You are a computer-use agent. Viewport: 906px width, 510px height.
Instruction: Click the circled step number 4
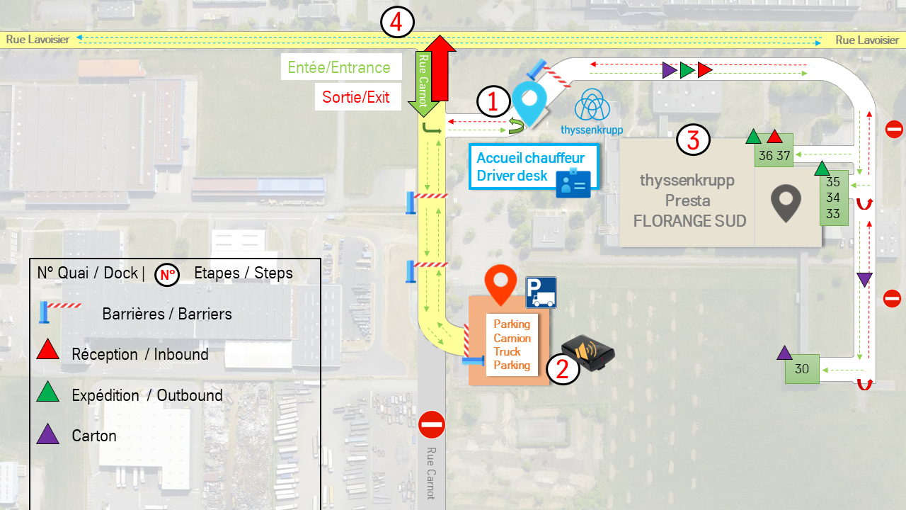tap(397, 22)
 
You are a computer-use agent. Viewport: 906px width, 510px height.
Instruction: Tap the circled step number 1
tap(493, 101)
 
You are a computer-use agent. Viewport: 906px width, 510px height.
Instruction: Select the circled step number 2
tap(563, 369)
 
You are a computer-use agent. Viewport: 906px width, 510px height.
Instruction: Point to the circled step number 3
tap(693, 140)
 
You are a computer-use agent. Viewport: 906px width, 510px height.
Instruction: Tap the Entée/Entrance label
tap(339, 67)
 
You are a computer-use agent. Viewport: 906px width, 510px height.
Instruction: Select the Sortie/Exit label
tap(356, 97)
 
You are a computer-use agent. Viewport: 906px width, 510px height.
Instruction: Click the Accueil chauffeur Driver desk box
tap(534, 166)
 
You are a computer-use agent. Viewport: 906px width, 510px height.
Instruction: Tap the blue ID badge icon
tap(573, 183)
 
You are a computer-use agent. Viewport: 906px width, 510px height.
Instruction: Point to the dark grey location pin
tap(786, 203)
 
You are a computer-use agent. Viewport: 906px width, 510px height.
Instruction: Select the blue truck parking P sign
tap(541, 293)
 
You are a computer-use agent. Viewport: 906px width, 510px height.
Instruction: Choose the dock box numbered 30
tap(802, 369)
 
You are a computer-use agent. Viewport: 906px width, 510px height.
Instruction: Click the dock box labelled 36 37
tap(774, 154)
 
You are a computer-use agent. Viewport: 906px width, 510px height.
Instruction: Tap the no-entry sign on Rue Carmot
tap(432, 424)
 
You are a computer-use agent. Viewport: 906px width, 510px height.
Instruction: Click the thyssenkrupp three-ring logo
tap(592, 105)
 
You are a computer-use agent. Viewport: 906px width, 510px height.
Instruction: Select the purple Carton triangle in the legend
tap(47, 434)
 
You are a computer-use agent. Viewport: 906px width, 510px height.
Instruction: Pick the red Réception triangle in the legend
tap(47, 350)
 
